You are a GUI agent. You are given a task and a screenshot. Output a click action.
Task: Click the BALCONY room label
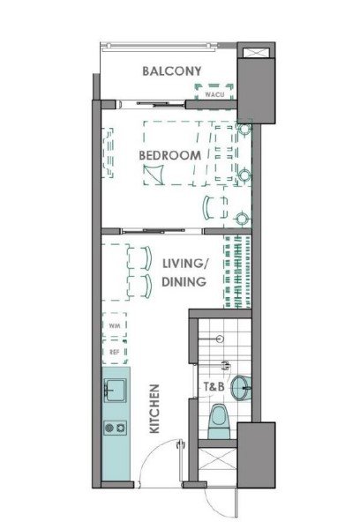pos(171,71)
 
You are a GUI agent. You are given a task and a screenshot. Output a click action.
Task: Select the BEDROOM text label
pos(170,155)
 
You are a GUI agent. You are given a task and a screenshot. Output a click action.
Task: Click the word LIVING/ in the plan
pos(186,264)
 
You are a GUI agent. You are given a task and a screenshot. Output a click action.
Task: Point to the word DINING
pos(184,282)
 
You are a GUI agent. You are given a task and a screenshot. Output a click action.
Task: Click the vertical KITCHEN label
pos(154,408)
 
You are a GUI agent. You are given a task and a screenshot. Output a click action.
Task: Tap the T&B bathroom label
pos(214,387)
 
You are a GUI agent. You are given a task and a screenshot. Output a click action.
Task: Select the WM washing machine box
pos(115,325)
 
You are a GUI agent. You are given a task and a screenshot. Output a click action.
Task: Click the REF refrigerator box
pos(115,352)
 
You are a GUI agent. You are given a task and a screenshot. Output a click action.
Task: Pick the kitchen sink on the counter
pos(116,391)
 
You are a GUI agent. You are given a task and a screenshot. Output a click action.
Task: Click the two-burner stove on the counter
pos(116,428)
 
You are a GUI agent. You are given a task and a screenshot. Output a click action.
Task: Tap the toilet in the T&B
pos(219,421)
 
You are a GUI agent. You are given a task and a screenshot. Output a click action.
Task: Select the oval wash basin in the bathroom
pos(241,388)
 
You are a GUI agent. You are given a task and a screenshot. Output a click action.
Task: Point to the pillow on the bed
pos(153,175)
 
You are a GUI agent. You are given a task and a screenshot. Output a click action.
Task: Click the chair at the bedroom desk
pos(214,208)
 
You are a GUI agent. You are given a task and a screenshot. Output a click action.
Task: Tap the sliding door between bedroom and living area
pos(154,231)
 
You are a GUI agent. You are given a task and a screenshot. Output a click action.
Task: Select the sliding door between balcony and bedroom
pos(151,104)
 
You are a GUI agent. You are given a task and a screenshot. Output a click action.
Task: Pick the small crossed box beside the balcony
pos(256,53)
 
